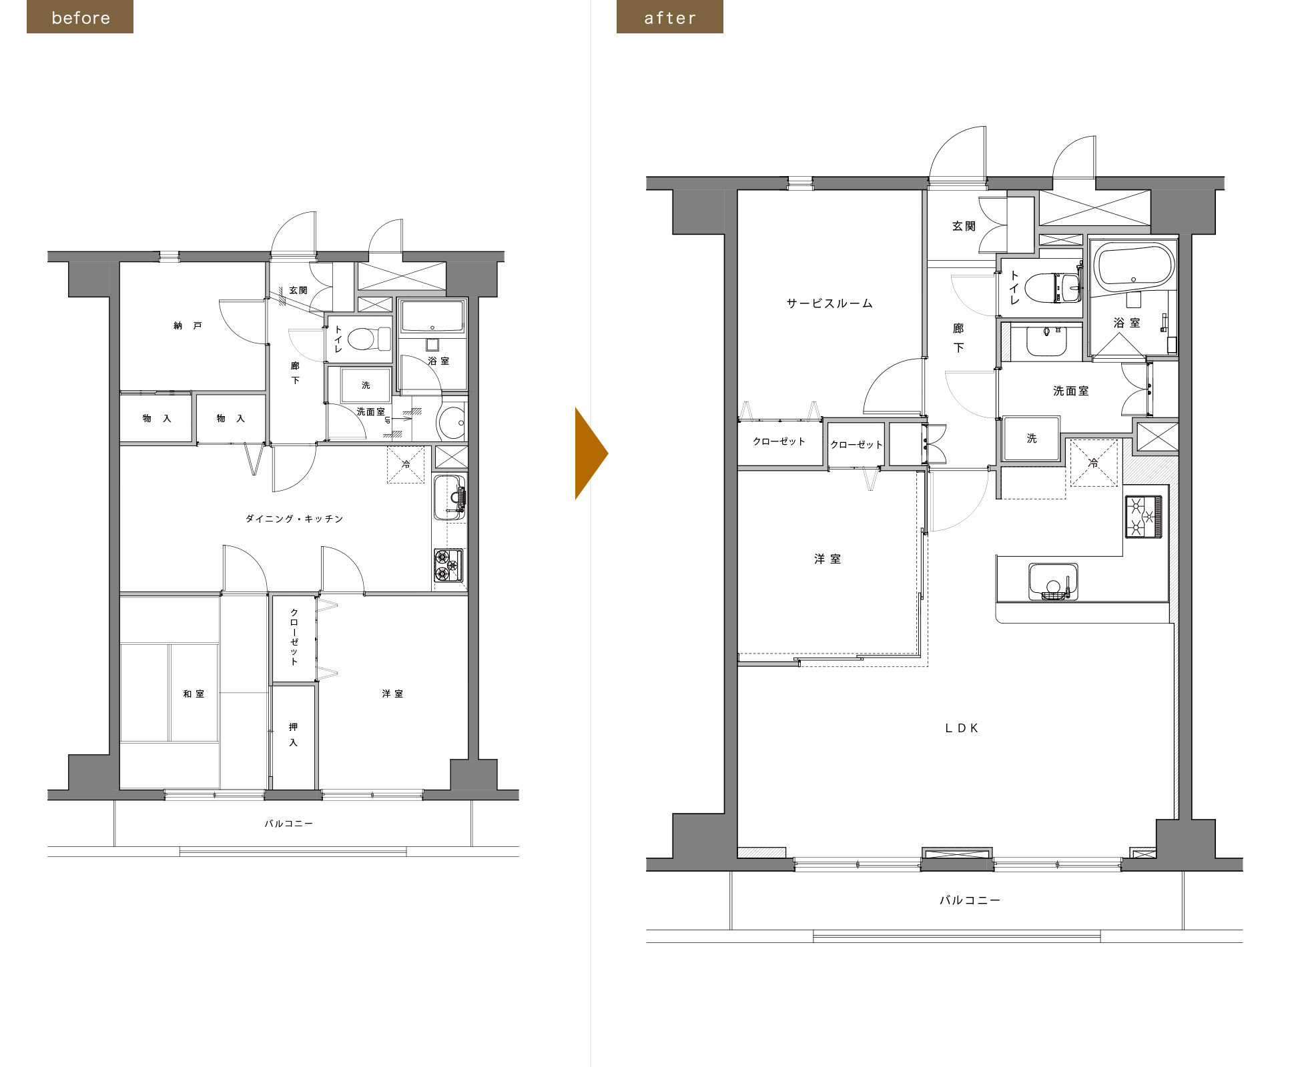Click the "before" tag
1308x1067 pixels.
(x=80, y=17)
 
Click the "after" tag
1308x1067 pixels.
(x=670, y=17)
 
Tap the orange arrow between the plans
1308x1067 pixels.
(x=591, y=453)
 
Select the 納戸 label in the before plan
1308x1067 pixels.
(x=188, y=325)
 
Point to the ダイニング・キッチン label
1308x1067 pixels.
(x=294, y=518)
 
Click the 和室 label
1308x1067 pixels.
(x=194, y=694)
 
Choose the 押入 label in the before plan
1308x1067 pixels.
(x=293, y=734)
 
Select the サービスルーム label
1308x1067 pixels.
(x=830, y=303)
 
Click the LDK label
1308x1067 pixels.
(x=962, y=728)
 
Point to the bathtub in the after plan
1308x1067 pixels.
(x=1134, y=267)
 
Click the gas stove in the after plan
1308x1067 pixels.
(x=1144, y=516)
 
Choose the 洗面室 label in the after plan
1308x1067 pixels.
(x=1071, y=391)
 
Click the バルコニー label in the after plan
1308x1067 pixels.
(x=970, y=900)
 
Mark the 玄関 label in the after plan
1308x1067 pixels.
(x=964, y=226)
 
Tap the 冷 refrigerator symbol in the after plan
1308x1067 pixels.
(x=1093, y=462)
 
